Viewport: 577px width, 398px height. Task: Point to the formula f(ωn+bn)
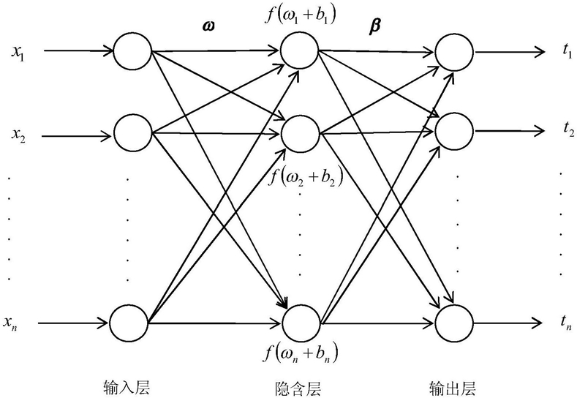click(301, 354)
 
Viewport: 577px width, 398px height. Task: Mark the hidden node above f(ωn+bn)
click(301, 321)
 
